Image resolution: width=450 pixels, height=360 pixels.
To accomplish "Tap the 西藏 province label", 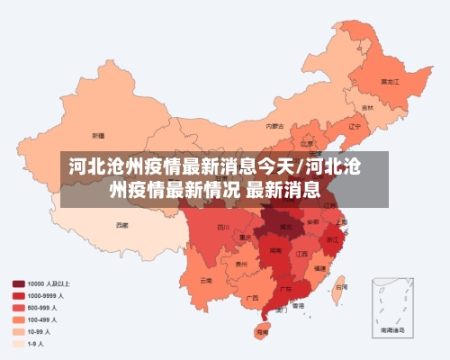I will point(121,225).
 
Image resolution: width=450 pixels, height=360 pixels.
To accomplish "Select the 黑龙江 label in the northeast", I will point(390,81).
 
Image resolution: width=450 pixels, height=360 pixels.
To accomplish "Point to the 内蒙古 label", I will point(275,126).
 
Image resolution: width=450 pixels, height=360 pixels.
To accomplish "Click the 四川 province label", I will point(223,228).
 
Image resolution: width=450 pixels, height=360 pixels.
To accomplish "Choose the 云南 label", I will point(206,280).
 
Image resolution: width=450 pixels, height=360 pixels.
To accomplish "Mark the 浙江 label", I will point(333,239).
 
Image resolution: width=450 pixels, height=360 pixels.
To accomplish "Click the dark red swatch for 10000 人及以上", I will point(18,283).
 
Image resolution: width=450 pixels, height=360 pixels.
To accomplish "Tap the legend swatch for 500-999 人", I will point(18,307).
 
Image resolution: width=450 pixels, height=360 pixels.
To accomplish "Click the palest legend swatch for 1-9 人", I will point(18,343).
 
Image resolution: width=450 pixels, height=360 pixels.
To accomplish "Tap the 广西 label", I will point(252,297).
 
